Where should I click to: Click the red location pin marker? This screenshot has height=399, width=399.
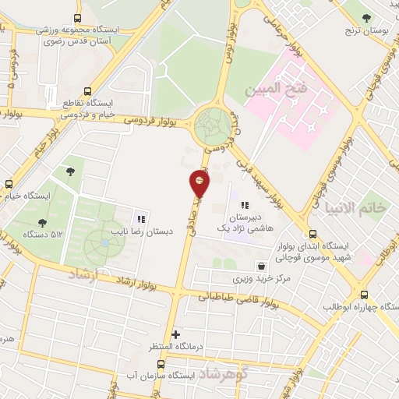tap(199, 183)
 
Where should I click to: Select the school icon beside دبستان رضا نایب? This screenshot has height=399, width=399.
tap(141, 218)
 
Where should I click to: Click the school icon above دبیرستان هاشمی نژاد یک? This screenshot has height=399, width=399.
tap(245, 205)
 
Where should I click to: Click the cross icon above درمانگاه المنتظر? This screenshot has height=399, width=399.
tap(177, 334)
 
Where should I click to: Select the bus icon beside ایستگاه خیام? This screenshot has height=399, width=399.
tap(9, 185)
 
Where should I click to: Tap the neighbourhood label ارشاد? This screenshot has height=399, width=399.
tap(83, 274)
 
